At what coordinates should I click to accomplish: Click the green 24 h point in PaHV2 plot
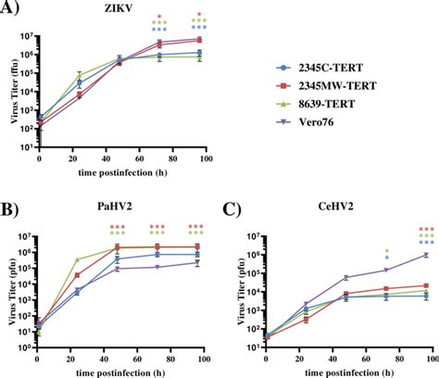(77, 259)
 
